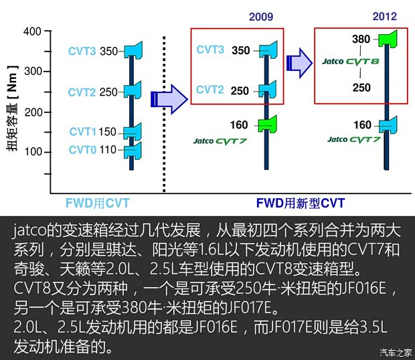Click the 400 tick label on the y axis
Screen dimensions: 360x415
[32, 31]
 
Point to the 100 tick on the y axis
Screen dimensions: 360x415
[32, 152]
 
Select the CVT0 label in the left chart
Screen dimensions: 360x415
[82, 150]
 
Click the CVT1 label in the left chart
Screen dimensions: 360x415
[82, 132]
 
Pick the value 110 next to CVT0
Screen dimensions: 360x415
[108, 150]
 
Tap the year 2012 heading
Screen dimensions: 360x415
[384, 17]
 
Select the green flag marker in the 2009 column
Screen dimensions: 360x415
[268, 124]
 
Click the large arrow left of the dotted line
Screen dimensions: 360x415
[167, 98]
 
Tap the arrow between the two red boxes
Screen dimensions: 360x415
[299, 63]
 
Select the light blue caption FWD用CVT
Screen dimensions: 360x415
[98, 203]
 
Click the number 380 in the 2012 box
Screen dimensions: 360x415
[361, 39]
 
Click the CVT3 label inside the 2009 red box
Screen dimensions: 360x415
[211, 50]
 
